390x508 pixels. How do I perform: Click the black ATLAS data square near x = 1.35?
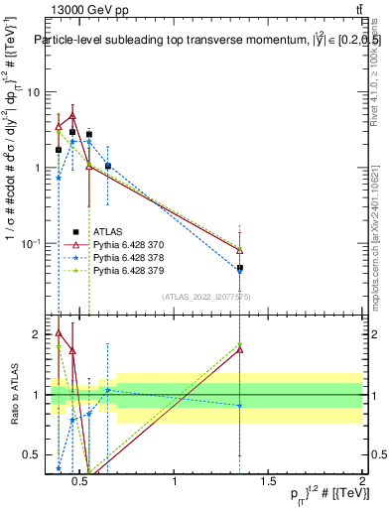point(240,268)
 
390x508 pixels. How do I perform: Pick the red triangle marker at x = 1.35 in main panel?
point(240,250)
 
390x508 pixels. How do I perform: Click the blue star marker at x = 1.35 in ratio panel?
point(240,405)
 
